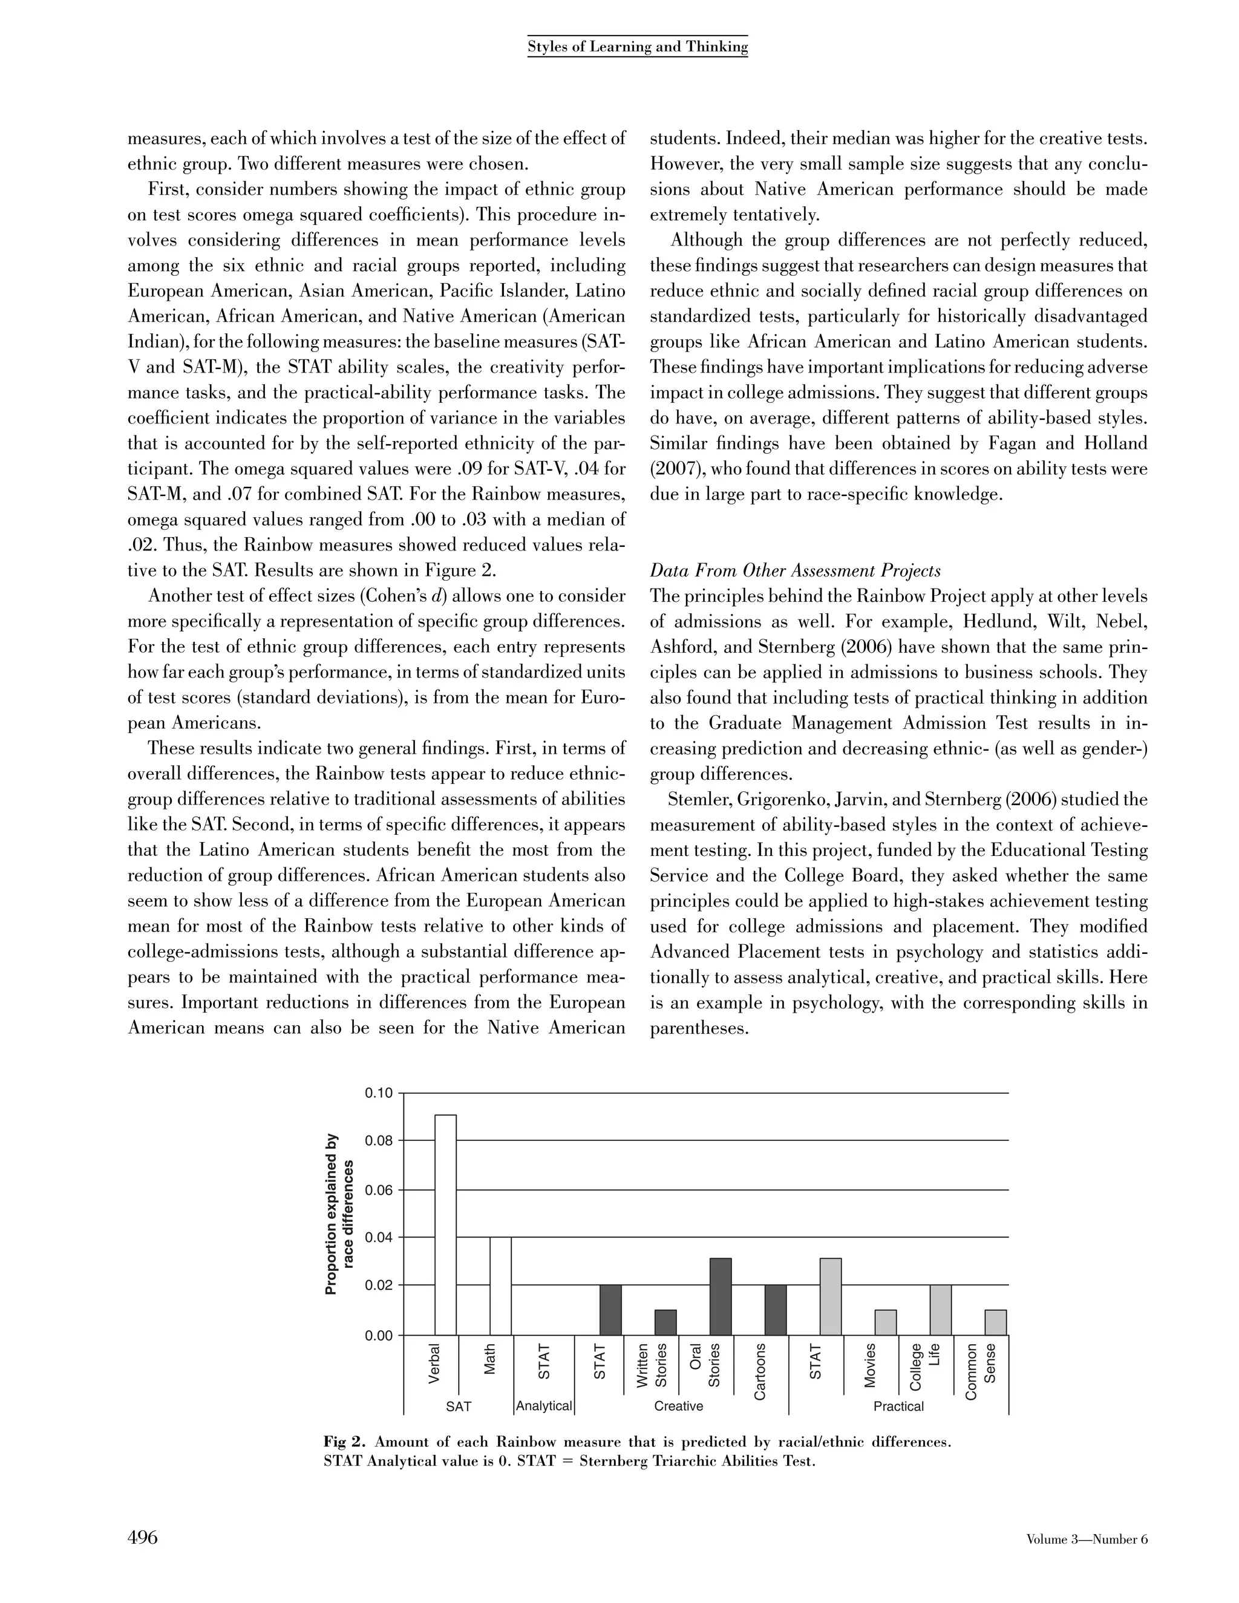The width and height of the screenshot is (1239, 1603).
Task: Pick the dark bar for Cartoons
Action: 775,1310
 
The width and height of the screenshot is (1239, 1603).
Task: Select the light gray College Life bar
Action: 940,1310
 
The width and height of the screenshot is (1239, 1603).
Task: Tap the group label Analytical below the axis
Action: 544,1406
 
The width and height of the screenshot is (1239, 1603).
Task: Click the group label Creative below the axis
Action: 678,1406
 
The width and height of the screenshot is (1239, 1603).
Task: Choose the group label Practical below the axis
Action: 898,1406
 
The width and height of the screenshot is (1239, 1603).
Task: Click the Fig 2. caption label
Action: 345,1441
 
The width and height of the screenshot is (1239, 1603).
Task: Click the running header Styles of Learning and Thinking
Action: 637,47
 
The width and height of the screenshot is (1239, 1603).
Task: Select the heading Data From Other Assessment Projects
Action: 795,570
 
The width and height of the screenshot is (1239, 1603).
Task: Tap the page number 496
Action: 143,1537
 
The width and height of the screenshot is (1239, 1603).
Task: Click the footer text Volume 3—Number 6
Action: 1087,1539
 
